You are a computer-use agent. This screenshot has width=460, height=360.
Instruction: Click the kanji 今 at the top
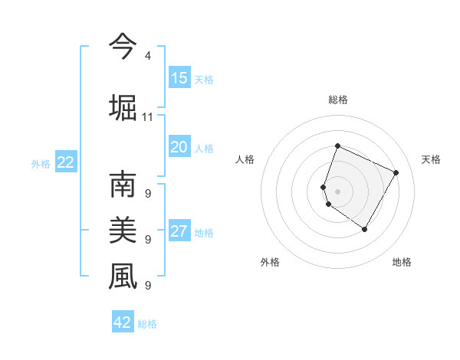[123, 47]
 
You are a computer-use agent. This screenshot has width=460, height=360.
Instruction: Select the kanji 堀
[123, 106]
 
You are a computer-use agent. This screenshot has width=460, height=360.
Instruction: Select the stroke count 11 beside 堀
[147, 117]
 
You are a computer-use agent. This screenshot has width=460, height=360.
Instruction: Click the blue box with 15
[179, 78]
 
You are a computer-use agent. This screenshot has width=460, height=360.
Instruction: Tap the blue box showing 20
[179, 148]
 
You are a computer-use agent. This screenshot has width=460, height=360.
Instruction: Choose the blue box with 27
[179, 231]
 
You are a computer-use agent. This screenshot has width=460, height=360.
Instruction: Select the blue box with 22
[66, 162]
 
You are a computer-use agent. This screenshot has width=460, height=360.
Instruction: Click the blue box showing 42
[123, 322]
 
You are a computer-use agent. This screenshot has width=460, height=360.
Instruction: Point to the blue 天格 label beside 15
[203, 80]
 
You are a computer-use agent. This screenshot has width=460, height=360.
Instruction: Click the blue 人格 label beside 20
[203, 149]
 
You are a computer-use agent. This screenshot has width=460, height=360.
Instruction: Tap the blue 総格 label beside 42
[147, 324]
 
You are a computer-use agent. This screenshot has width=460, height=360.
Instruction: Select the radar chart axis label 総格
[338, 100]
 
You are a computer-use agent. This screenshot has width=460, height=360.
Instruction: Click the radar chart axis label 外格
[270, 262]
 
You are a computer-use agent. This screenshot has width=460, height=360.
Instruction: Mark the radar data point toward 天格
[396, 172]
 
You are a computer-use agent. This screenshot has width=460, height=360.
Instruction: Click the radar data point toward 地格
[365, 229]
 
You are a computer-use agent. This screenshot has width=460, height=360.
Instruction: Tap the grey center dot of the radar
[338, 191]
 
